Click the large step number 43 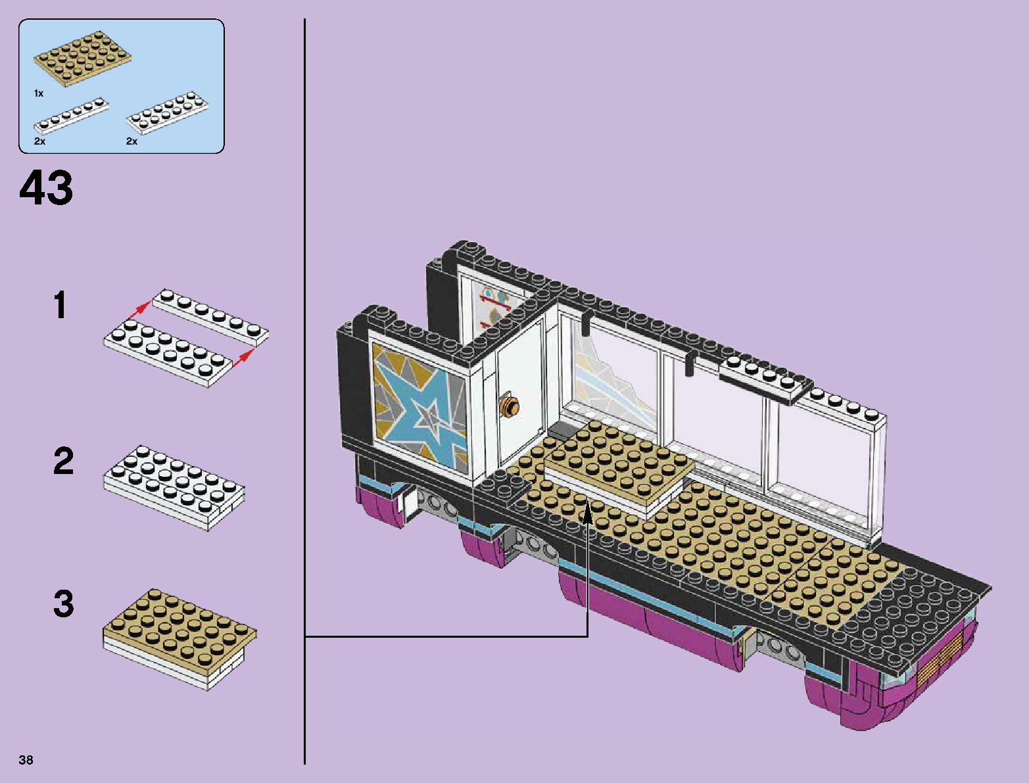46,188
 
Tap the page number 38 26,760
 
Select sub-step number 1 60,306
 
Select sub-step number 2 63,461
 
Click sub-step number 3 63,604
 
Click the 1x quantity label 39,93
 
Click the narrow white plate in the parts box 71,114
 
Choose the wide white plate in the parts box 166,112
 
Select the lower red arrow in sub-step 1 243,356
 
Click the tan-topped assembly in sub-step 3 179,638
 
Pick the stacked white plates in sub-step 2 174,486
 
